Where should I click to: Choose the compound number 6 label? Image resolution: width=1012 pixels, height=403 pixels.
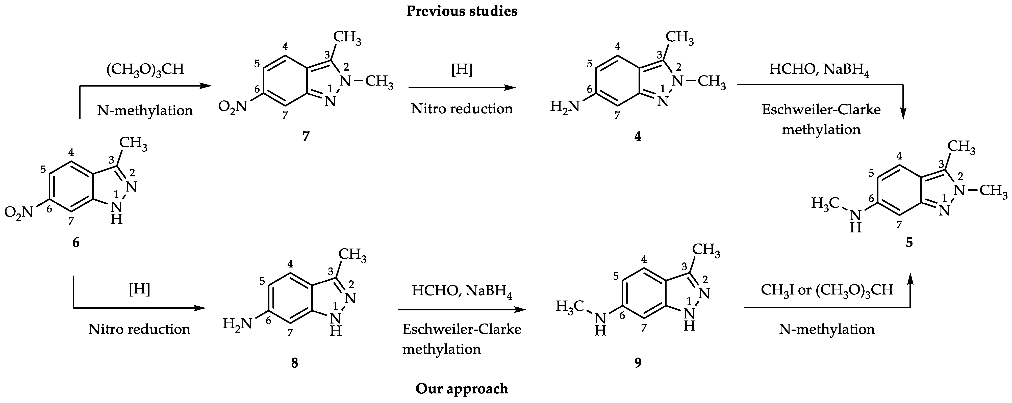(x=76, y=243)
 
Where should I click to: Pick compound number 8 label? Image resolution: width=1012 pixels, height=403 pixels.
(x=295, y=363)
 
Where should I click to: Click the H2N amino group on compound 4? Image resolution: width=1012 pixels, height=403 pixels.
(x=565, y=106)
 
